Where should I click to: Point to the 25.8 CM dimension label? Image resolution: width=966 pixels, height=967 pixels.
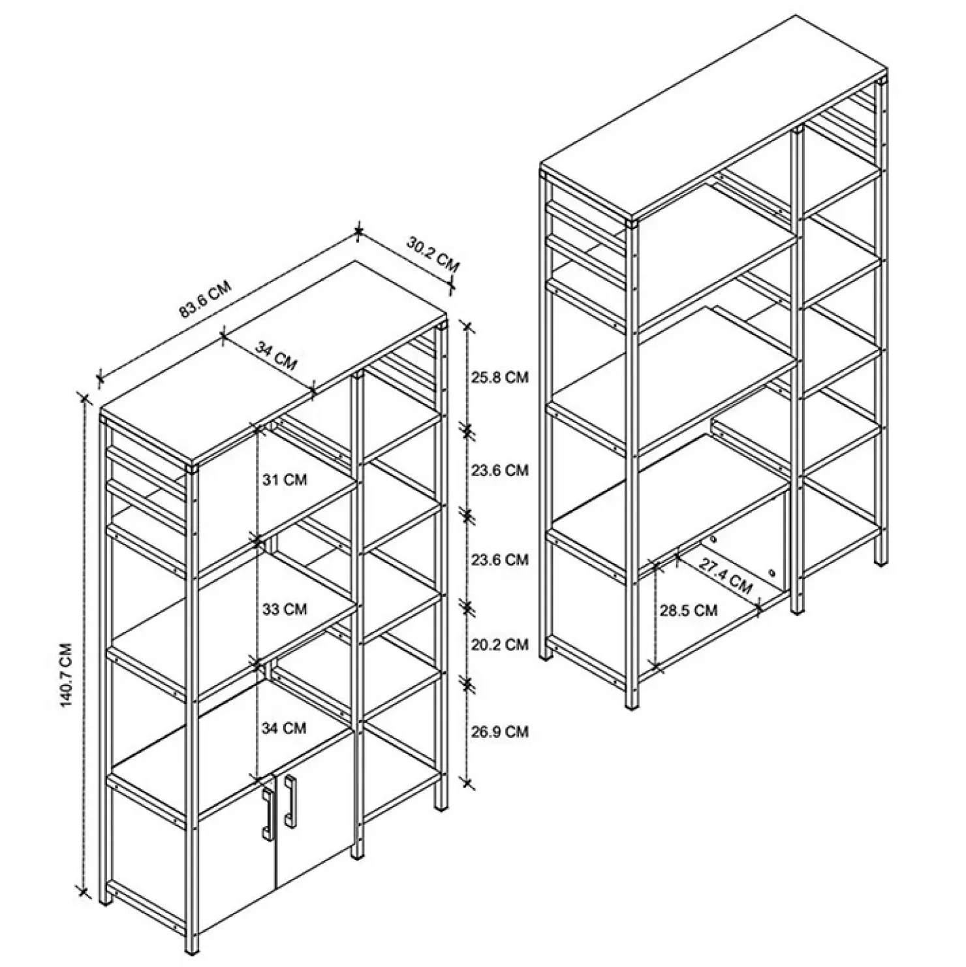click(499, 377)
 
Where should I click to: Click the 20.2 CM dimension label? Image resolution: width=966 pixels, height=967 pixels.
click(499, 644)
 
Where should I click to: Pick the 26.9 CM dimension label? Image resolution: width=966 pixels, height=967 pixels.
click(499, 731)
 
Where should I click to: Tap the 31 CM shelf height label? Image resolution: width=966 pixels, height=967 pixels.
click(285, 480)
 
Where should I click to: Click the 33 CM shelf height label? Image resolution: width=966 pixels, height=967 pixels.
click(285, 609)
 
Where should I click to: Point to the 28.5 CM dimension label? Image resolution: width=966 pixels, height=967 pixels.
click(689, 610)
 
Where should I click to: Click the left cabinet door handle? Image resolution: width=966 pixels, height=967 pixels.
click(267, 811)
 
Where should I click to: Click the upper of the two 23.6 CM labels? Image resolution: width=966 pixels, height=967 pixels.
click(499, 470)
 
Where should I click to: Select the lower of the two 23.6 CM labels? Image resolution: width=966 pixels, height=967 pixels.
click(499, 560)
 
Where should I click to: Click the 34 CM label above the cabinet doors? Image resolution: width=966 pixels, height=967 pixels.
click(285, 727)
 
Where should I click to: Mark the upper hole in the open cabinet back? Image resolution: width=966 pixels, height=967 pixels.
click(715, 540)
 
